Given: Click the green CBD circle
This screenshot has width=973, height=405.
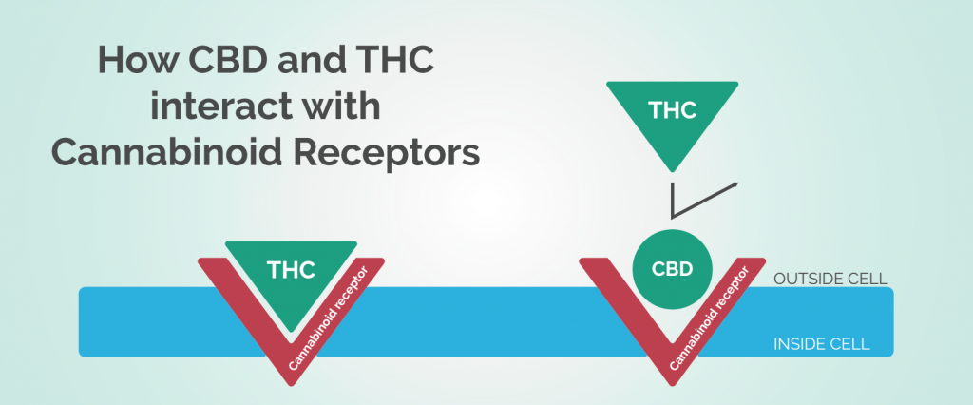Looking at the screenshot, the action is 672,270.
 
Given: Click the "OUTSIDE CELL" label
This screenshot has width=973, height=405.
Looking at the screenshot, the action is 830,279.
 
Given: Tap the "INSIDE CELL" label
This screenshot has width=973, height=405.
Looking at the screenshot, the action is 822,344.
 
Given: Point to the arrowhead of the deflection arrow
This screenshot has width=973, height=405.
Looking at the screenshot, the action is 735,183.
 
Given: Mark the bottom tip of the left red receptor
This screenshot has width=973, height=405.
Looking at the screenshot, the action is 291,385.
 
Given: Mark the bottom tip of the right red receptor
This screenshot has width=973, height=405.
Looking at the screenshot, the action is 672,385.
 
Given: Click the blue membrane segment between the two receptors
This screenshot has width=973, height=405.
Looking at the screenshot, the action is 482,321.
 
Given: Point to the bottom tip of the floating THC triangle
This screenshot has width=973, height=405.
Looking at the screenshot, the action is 672,172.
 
